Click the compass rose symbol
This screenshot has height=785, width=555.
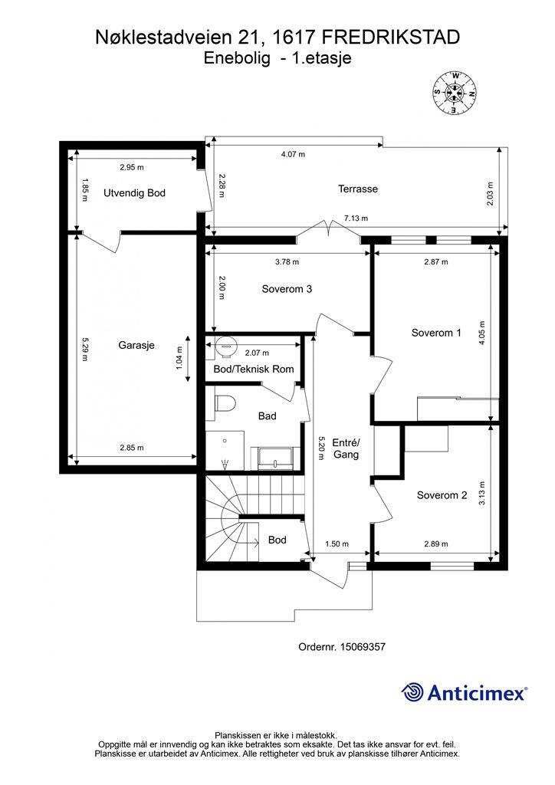454,93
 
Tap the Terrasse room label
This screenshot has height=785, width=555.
357,189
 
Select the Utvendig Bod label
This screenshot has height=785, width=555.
134,192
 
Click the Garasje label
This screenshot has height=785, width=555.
136,346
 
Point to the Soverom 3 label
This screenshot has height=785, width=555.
287,289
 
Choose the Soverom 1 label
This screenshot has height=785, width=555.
436,333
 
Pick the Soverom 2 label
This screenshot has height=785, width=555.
442,495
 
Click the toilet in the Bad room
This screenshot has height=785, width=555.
224,403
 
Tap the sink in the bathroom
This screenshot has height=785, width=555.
274,458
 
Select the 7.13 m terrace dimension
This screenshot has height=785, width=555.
356,218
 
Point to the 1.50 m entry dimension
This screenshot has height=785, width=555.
337,544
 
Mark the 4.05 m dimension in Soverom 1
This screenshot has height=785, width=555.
482,333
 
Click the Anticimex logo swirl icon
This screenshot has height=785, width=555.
412,692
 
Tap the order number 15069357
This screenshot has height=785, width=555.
363,647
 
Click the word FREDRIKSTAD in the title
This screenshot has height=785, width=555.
390,37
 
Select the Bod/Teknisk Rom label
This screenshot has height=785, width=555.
254,369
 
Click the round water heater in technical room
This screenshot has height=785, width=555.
226,346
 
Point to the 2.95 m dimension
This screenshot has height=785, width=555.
132,167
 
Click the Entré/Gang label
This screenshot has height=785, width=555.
346,448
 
